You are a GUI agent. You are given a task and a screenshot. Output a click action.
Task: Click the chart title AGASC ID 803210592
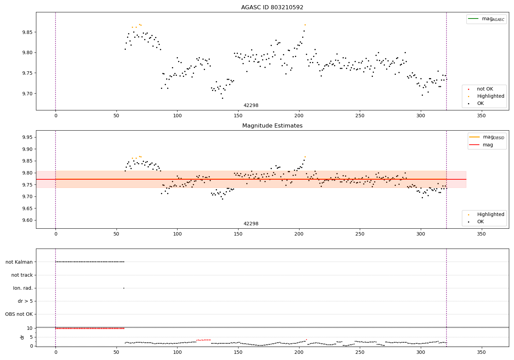272,8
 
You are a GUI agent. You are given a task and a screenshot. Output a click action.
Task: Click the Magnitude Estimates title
272,126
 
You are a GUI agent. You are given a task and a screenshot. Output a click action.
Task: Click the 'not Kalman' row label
19,262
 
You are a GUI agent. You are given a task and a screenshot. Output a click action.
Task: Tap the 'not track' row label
22,275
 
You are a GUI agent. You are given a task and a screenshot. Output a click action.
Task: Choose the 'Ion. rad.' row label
23,288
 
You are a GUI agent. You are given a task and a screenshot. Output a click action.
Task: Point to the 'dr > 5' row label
25,301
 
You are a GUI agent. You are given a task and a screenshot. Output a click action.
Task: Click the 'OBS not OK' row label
19,314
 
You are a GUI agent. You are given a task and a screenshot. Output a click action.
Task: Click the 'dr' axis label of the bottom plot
22,337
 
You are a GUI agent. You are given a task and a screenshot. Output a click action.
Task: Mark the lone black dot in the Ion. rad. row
124,288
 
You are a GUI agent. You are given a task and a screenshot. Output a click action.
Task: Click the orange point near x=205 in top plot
305,25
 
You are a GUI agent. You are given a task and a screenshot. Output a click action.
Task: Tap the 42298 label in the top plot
251,106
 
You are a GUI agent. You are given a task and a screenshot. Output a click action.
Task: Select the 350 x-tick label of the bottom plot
481,353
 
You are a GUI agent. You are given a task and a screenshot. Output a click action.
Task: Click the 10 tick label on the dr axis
30,328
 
